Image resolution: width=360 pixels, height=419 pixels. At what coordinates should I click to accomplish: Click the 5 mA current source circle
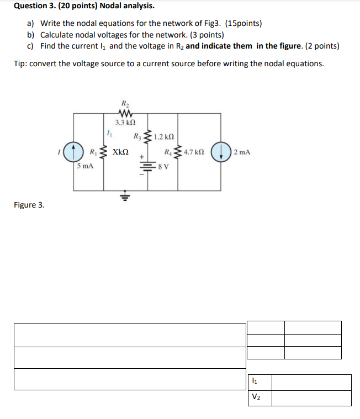pos(71,151)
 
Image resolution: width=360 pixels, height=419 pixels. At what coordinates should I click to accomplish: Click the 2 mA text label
pos(242,151)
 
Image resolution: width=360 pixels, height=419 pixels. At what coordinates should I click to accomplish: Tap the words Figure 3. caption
pos(29,205)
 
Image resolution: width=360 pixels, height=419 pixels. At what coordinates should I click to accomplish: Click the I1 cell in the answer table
pos(259,382)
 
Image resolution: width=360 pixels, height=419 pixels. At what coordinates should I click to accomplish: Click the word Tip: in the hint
pos(20,63)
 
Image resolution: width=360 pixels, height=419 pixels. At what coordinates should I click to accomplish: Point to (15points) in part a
pos(243,24)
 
